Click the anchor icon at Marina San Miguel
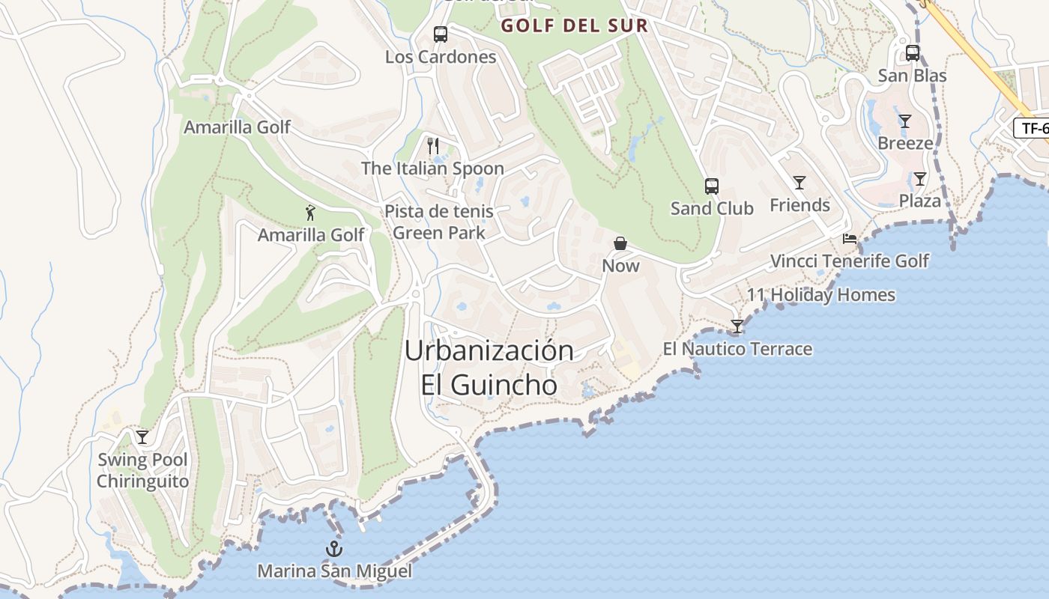pos(334,550)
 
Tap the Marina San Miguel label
pos(334,571)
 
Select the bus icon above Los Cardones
pos(441,34)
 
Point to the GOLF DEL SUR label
pos(574,25)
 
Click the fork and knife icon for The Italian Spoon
pos(432,145)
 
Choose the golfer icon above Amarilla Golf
pos(311,213)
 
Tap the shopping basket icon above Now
pos(620,243)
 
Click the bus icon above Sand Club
pos(711,186)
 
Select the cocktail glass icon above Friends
pos(799,182)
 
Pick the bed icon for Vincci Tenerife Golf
pos(850,239)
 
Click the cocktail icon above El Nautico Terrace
pos(737,326)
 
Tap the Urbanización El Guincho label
pos(489,368)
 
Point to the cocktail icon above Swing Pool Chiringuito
pos(142,437)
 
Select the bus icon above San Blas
pos(913,53)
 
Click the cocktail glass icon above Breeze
pos(905,121)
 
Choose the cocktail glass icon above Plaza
pos(920,179)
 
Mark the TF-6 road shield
pos(1033,128)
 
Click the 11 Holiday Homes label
pos(820,295)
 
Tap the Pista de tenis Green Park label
pos(439,222)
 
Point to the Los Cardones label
pos(441,57)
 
